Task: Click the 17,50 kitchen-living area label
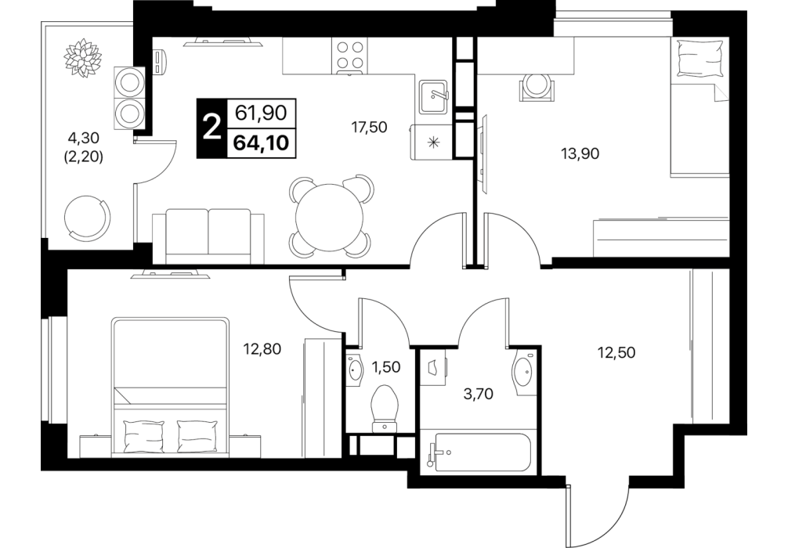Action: [370, 128]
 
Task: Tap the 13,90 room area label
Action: [580, 153]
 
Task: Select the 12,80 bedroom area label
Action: [262, 348]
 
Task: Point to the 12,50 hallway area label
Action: [616, 352]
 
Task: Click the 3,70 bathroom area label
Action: [478, 394]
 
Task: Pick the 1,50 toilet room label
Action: [385, 367]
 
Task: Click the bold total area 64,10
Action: [262, 143]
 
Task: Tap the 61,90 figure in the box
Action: [262, 113]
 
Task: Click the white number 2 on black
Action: [211, 128]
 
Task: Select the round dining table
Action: [330, 217]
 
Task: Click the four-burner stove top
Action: [350, 56]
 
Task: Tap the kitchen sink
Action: [434, 96]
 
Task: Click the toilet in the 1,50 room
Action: [385, 408]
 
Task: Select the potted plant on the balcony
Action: [83, 58]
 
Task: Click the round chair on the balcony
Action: [87, 218]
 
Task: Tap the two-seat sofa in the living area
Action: [208, 236]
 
